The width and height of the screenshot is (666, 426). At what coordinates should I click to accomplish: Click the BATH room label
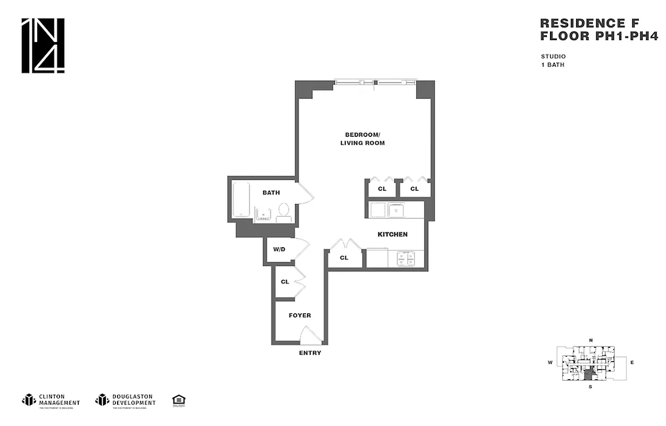click(271, 193)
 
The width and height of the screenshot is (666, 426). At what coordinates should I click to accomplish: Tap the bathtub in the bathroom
click(241, 200)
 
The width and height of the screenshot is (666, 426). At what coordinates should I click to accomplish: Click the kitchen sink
click(396, 210)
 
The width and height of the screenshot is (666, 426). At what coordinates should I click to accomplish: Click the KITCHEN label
click(393, 234)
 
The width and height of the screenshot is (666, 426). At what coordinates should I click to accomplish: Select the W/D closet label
click(279, 249)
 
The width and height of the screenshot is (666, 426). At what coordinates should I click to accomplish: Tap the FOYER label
click(299, 315)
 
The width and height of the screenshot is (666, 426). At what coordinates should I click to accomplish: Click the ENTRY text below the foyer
click(310, 353)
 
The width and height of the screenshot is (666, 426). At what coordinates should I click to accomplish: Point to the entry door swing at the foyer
click(311, 335)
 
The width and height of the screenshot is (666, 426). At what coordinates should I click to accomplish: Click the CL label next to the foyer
click(285, 282)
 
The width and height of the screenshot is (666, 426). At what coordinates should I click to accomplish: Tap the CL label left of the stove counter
click(344, 258)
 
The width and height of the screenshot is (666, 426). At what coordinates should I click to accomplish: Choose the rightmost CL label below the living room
click(414, 189)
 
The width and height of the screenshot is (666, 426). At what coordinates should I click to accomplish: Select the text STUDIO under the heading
click(553, 56)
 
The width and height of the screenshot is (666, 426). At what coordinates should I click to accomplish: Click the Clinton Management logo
click(51, 400)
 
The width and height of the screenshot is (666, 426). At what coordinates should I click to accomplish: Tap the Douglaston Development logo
click(126, 400)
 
